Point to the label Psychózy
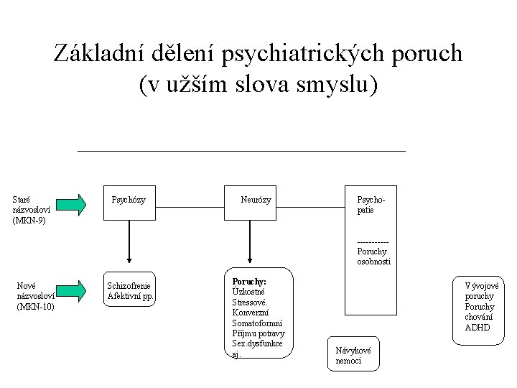(129, 199)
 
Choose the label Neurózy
(256, 199)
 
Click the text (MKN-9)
(29, 221)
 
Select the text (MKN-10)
(35, 307)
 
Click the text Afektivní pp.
(131, 296)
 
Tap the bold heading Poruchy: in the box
(249, 281)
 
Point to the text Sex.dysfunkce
(258, 344)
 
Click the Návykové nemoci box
(355, 356)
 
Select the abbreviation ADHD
(478, 328)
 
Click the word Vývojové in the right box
(482, 285)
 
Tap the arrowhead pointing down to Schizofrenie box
(129, 261)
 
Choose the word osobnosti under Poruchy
(373, 262)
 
